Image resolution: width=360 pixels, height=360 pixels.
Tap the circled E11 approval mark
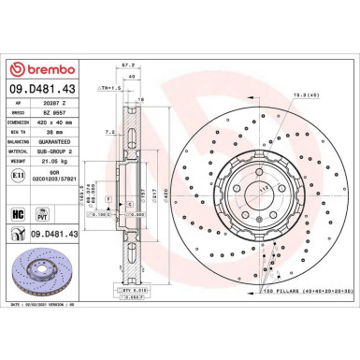[x=18, y=174]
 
